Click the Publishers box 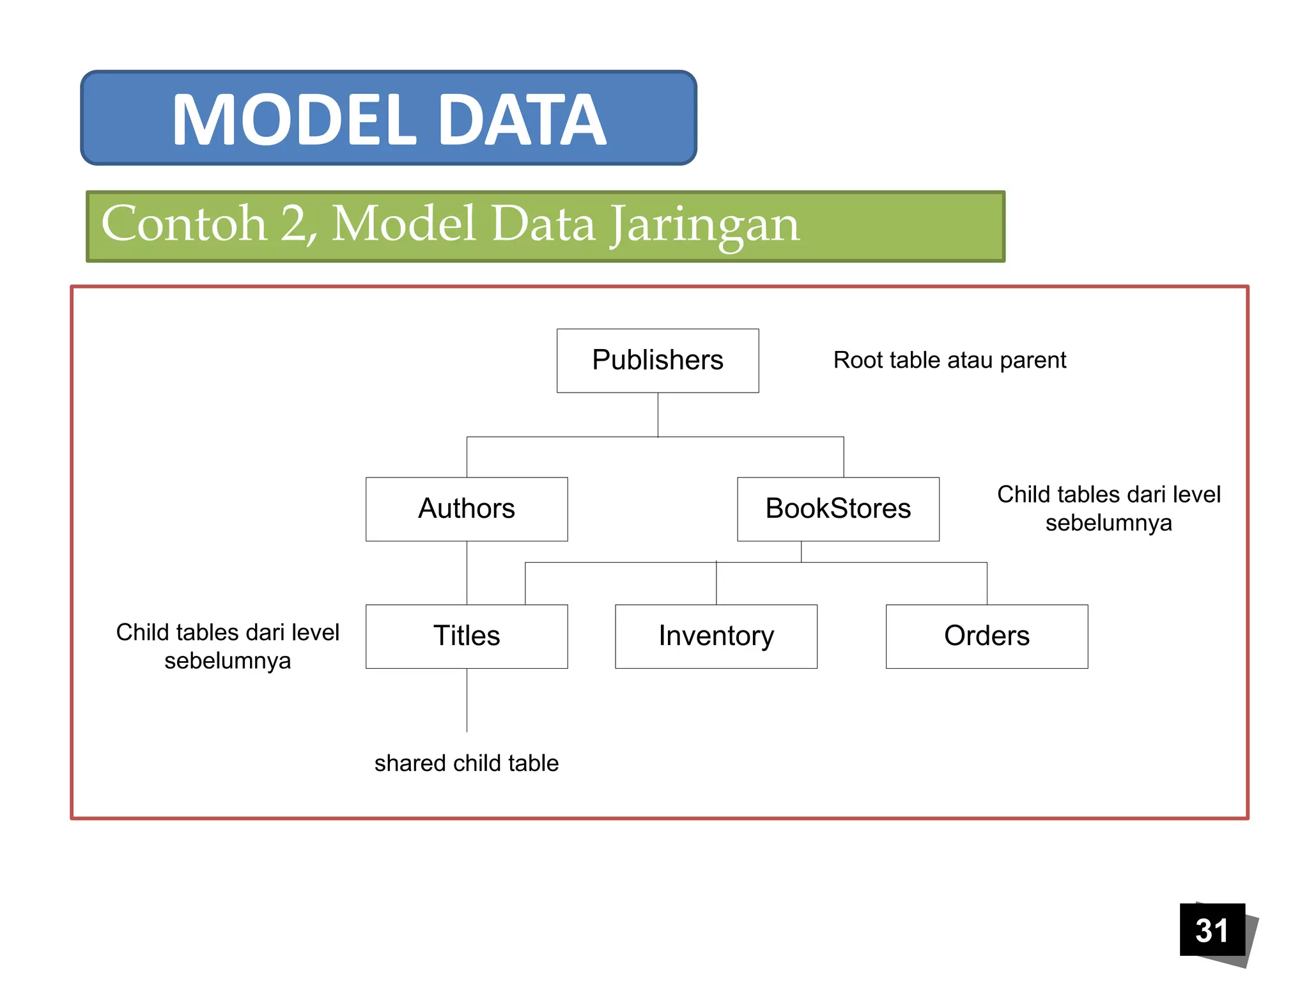click(657, 361)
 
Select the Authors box click(467, 509)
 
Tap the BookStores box click(838, 509)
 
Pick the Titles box click(467, 636)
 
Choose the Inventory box click(716, 636)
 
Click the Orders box click(986, 636)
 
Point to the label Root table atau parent click(949, 361)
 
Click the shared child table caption click(467, 763)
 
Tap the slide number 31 click(1212, 930)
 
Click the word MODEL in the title click(294, 120)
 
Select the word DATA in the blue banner click(522, 120)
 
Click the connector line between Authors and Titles click(467, 572)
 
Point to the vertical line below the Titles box click(467, 700)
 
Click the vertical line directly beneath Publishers click(658, 414)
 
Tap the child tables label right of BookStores click(1108, 508)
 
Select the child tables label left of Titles click(228, 646)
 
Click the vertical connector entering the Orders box click(987, 583)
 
